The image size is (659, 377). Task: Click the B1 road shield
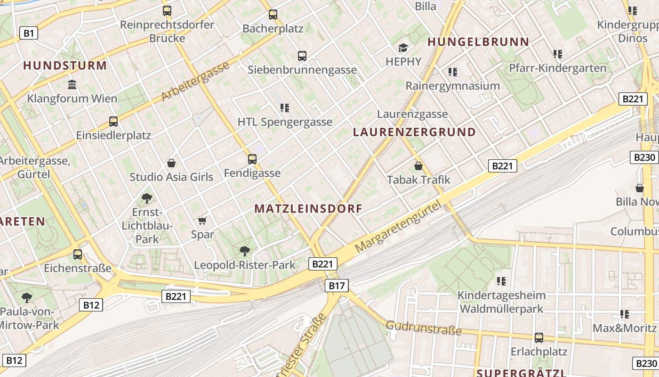click(x=29, y=33)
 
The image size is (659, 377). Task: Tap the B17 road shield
click(x=337, y=285)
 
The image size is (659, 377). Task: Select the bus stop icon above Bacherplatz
click(x=273, y=14)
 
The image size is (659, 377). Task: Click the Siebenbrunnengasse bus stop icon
click(x=302, y=56)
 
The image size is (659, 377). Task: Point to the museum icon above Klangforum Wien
click(x=72, y=85)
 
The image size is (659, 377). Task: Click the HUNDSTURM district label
click(x=65, y=66)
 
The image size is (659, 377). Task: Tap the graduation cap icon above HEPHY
click(x=403, y=48)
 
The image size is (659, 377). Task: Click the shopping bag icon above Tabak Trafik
click(x=418, y=166)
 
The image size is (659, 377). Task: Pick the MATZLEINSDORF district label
click(x=308, y=208)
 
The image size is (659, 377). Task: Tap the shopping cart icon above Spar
click(x=202, y=221)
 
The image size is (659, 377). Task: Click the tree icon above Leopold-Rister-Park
click(x=244, y=251)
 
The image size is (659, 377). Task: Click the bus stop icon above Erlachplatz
click(x=539, y=337)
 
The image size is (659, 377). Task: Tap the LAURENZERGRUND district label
click(x=414, y=132)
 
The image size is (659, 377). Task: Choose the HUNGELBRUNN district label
click(x=478, y=41)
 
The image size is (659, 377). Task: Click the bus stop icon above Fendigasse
click(x=252, y=159)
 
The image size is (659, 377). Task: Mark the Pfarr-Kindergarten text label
click(x=558, y=68)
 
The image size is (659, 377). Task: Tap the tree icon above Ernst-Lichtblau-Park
click(x=146, y=198)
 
